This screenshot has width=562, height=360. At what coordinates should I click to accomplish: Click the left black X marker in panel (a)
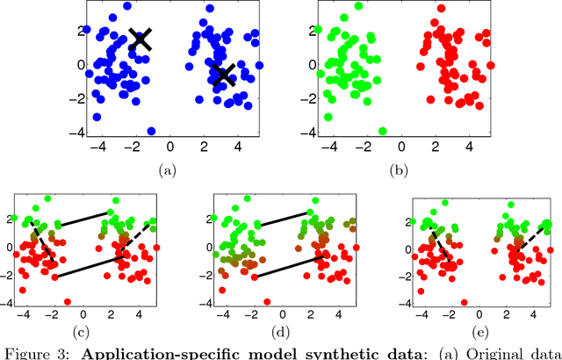coord(140,38)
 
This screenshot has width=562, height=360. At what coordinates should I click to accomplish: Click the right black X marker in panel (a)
coord(224,75)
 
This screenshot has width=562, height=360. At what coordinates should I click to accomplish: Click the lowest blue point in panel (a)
coord(151,131)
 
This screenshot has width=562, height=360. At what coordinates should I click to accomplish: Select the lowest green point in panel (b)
coord(383,131)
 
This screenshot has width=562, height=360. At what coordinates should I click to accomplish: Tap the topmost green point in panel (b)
coord(358,6)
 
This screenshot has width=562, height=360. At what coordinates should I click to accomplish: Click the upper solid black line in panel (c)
coord(85,220)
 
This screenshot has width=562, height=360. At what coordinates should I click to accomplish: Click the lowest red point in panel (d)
coord(266,300)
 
